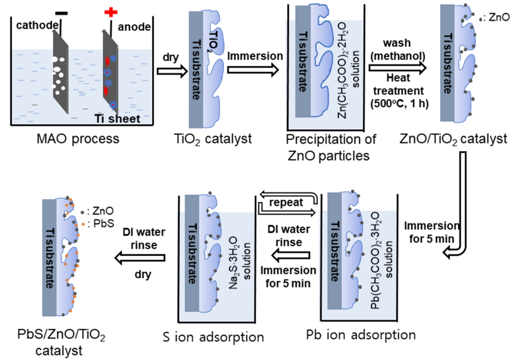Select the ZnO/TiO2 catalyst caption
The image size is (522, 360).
click(460, 139)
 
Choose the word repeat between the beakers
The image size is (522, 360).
click(286, 202)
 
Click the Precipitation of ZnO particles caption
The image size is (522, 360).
click(331, 146)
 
